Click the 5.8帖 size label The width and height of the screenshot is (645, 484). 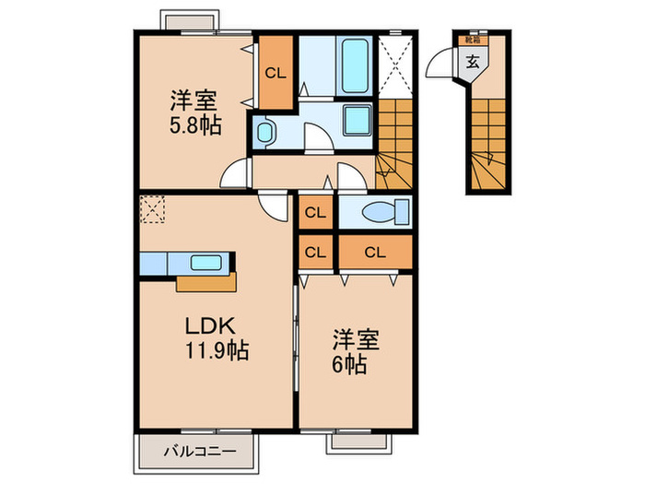click(x=193, y=126)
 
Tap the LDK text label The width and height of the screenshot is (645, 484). click(x=214, y=326)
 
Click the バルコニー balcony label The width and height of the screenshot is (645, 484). click(x=194, y=451)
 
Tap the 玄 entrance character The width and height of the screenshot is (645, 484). click(x=472, y=63)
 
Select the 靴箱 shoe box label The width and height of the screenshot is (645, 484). click(x=472, y=41)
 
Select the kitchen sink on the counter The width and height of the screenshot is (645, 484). click(x=205, y=262)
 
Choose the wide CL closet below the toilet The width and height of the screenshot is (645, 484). click(x=374, y=251)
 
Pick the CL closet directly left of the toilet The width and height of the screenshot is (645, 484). click(x=315, y=212)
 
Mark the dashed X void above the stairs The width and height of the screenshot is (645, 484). click(x=396, y=65)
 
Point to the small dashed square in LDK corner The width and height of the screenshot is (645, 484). click(x=150, y=210)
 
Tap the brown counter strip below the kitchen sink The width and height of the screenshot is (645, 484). click(x=203, y=281)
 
